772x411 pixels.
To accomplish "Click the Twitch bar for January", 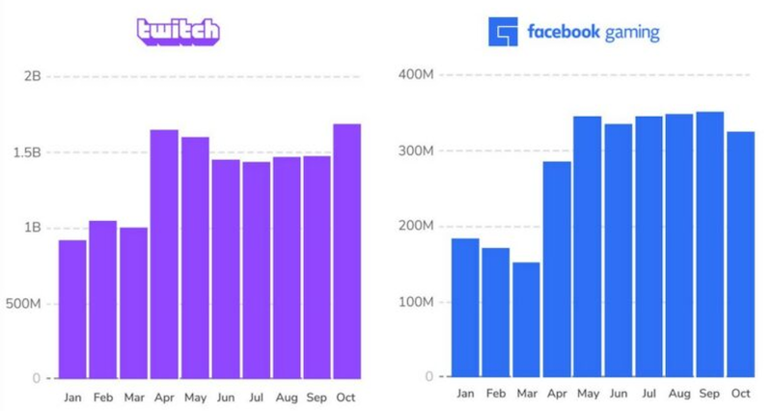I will (72, 309).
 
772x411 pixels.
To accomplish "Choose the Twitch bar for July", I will (256, 270).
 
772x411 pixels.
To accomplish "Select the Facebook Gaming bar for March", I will (526, 319).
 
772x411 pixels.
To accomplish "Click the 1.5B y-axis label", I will (26, 152).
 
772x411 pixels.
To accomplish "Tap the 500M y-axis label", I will (22, 304).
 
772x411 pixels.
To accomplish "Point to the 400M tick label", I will (415, 75).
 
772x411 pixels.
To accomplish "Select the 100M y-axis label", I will (415, 302).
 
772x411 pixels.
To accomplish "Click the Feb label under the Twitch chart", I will (102, 397).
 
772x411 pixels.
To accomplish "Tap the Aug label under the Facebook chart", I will (679, 394).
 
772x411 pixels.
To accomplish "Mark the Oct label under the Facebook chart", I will (740, 394).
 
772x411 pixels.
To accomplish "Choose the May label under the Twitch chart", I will (194, 397).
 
